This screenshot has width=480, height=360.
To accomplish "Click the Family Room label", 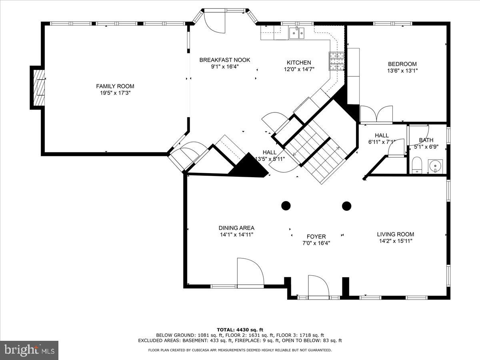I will coord(115,86).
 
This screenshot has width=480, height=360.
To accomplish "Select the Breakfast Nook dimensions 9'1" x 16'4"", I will coord(224,67).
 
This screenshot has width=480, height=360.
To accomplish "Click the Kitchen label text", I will coord(298,62).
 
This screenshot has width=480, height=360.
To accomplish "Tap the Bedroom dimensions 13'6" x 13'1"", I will coord(402,71).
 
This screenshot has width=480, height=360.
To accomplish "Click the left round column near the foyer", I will coord(286,206).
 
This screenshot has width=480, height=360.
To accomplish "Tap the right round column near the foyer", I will coord(346,206).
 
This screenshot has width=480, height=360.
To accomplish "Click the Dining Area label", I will coord(236,228).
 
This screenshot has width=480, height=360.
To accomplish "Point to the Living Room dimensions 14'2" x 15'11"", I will coord(395,241).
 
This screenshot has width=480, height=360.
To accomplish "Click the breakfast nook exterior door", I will coord(215,22).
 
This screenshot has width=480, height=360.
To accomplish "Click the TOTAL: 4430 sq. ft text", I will coord(240,330).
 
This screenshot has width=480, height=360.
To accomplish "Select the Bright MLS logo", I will coord(29,350).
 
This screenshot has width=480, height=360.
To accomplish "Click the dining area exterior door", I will coord(250,273).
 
